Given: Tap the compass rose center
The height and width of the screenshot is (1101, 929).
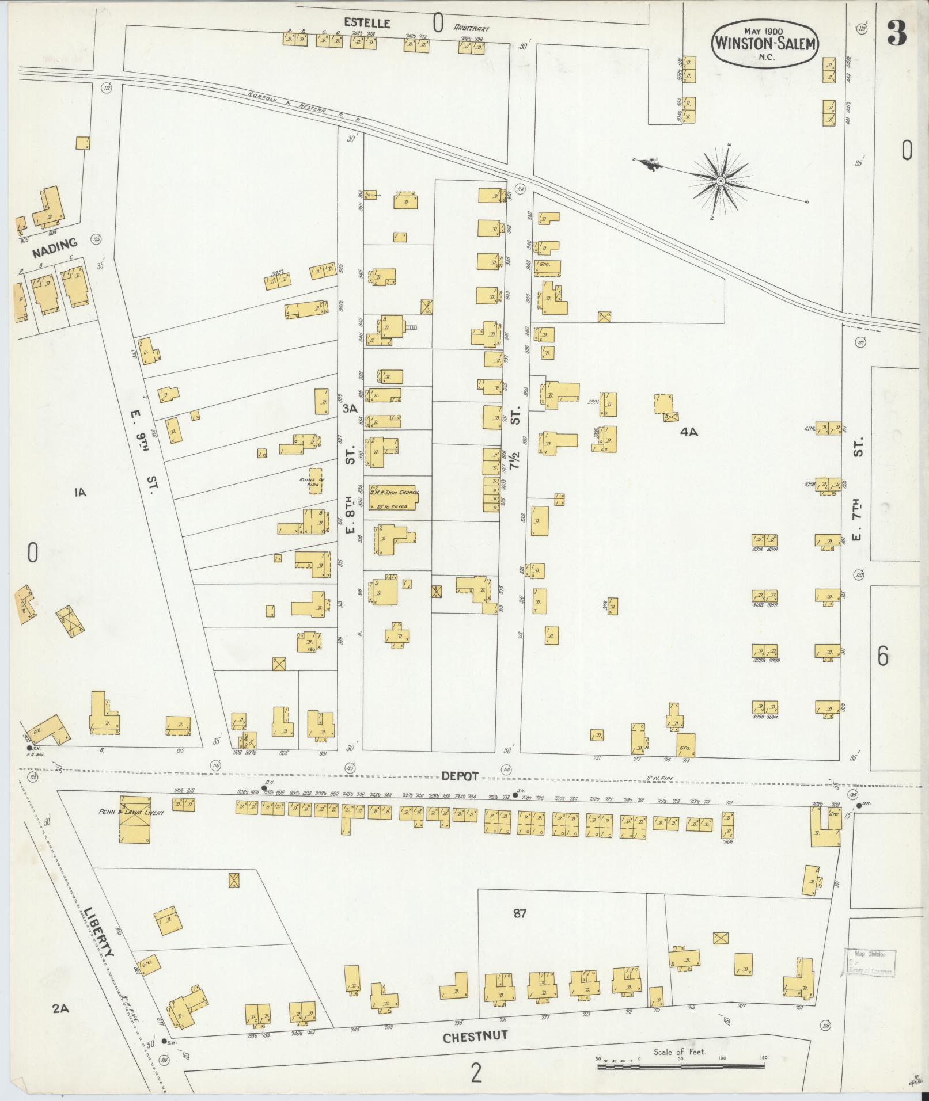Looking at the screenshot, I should (720, 182).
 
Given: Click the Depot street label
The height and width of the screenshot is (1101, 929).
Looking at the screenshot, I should (460, 776).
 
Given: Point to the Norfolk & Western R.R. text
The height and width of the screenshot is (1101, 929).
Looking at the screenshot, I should (304, 107).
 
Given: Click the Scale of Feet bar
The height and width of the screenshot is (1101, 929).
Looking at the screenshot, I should (682, 1066).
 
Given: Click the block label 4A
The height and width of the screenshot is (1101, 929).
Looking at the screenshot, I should (688, 432).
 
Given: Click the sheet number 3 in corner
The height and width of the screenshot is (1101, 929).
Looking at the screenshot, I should (896, 33).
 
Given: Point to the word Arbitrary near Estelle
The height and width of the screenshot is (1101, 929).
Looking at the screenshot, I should (471, 28).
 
